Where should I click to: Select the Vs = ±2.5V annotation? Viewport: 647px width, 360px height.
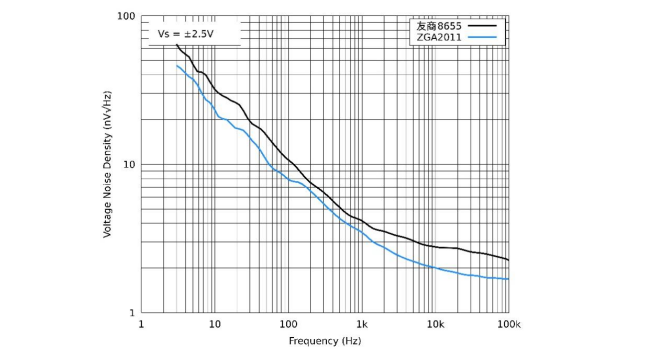click(186, 34)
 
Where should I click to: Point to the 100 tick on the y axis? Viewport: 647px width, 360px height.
click(126, 17)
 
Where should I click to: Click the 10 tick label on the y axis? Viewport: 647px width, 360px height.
click(129, 165)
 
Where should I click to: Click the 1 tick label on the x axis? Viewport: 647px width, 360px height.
click(141, 325)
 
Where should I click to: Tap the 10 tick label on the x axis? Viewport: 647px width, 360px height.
click(214, 325)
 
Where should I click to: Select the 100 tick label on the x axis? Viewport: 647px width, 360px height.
click(288, 325)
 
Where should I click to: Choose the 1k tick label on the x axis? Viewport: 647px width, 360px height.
click(362, 325)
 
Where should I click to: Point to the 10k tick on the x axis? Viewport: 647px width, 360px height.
click(435, 325)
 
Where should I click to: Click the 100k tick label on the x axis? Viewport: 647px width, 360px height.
click(509, 325)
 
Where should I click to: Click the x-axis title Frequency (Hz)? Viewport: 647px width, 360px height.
click(325, 341)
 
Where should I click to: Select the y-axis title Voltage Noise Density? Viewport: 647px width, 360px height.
click(107, 165)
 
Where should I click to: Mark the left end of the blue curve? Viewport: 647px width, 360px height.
click(177, 66)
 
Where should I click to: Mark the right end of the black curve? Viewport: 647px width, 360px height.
click(509, 260)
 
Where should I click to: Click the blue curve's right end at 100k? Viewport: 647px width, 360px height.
click(509, 279)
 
